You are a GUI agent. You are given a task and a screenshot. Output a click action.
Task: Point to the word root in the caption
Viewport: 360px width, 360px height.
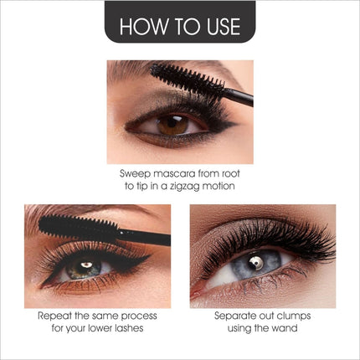pos(231,173)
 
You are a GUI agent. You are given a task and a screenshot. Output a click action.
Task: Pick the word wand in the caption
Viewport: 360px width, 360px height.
pos(285,328)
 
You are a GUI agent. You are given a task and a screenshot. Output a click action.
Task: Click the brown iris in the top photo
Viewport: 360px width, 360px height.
pos(172,126)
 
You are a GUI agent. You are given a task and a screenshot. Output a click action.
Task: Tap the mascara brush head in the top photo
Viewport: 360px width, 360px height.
pos(188,79)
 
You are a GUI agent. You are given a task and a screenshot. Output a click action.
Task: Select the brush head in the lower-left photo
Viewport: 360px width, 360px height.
pos(78,227)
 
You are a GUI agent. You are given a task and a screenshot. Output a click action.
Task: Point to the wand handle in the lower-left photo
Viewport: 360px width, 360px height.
pos(144,237)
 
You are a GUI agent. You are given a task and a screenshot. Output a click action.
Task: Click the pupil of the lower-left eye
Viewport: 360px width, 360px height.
pos(85,265)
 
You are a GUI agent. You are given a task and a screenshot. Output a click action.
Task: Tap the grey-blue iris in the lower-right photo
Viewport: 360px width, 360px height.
pos(255,263)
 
